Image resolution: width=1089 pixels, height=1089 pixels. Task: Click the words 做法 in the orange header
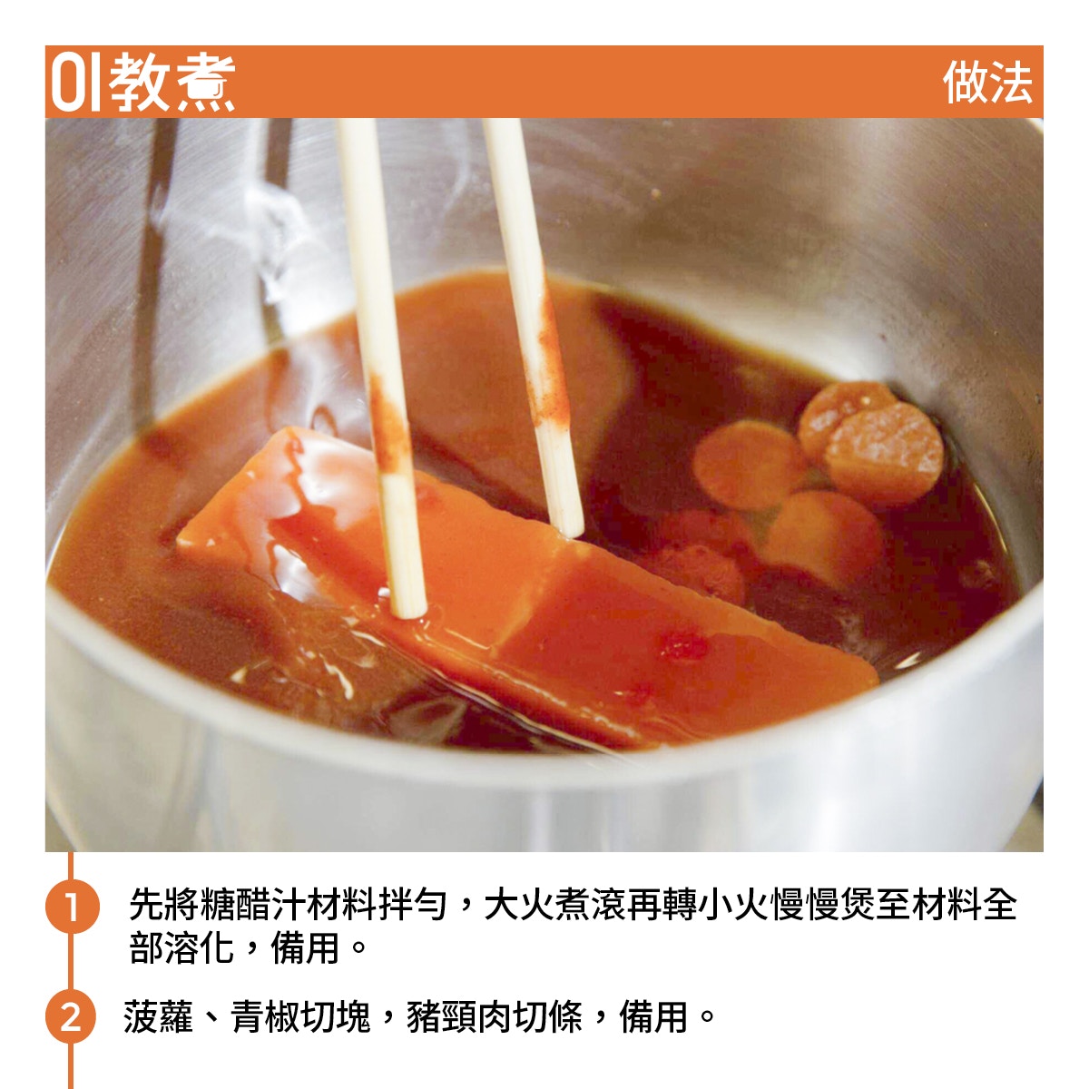coord(987,83)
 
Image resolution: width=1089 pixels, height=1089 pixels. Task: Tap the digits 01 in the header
coord(76,83)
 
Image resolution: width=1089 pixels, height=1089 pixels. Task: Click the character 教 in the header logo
coord(140,83)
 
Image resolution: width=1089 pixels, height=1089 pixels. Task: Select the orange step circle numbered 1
coord(72,906)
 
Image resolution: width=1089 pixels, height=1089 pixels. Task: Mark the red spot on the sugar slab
coord(682,646)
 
